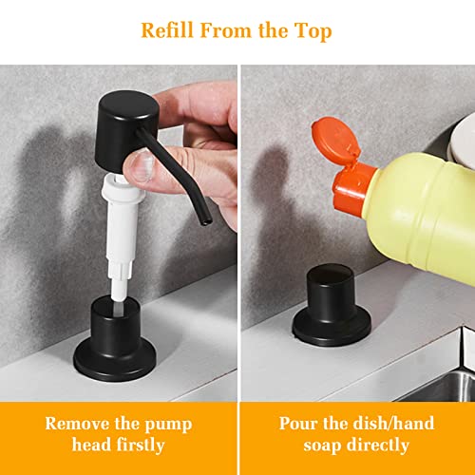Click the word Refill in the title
click(167, 30)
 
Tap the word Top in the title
click(313, 31)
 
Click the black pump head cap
click(126, 131)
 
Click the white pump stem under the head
click(122, 236)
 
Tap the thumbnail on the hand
click(143, 165)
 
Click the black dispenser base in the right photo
click(332, 306)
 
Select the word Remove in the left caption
click(77, 424)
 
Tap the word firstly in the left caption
click(141, 446)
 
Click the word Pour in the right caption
click(297, 424)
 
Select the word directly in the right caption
click(378, 446)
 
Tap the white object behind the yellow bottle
click(463, 141)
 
